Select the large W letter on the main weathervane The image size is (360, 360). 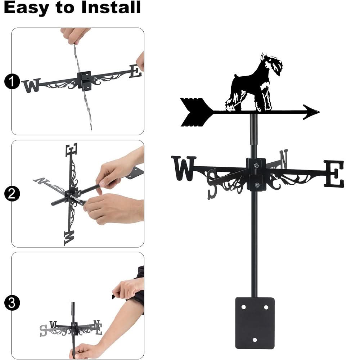[184, 168]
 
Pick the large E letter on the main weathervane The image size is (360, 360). [334, 174]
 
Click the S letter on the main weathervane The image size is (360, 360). [212, 184]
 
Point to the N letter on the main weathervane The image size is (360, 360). [283, 159]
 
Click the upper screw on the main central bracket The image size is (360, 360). [256, 166]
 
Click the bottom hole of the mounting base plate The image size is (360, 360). [255, 340]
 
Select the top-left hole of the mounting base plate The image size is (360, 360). [244, 307]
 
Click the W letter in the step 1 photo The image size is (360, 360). [31, 86]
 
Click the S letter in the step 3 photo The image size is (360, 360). [43, 330]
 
